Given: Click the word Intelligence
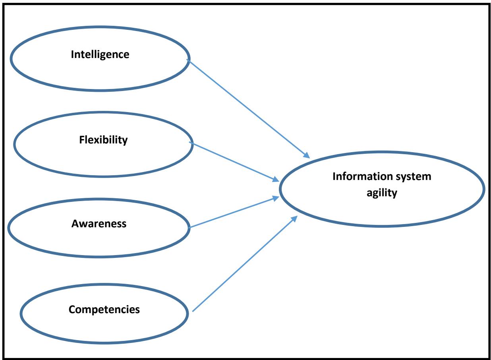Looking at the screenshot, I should tap(100, 54).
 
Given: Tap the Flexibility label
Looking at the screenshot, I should tap(103, 140).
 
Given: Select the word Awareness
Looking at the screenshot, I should tap(99, 224).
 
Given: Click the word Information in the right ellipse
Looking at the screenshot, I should tap(359, 177).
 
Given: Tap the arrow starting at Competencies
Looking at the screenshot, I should tap(244, 264).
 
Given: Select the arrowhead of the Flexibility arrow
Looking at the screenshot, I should tap(276, 179).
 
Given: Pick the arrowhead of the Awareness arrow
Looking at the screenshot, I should tap(276, 198).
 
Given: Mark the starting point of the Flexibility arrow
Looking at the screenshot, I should tap(191, 143).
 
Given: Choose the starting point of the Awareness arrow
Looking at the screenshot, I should tap(191, 228).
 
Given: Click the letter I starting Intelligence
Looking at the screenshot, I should tap(72, 54).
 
